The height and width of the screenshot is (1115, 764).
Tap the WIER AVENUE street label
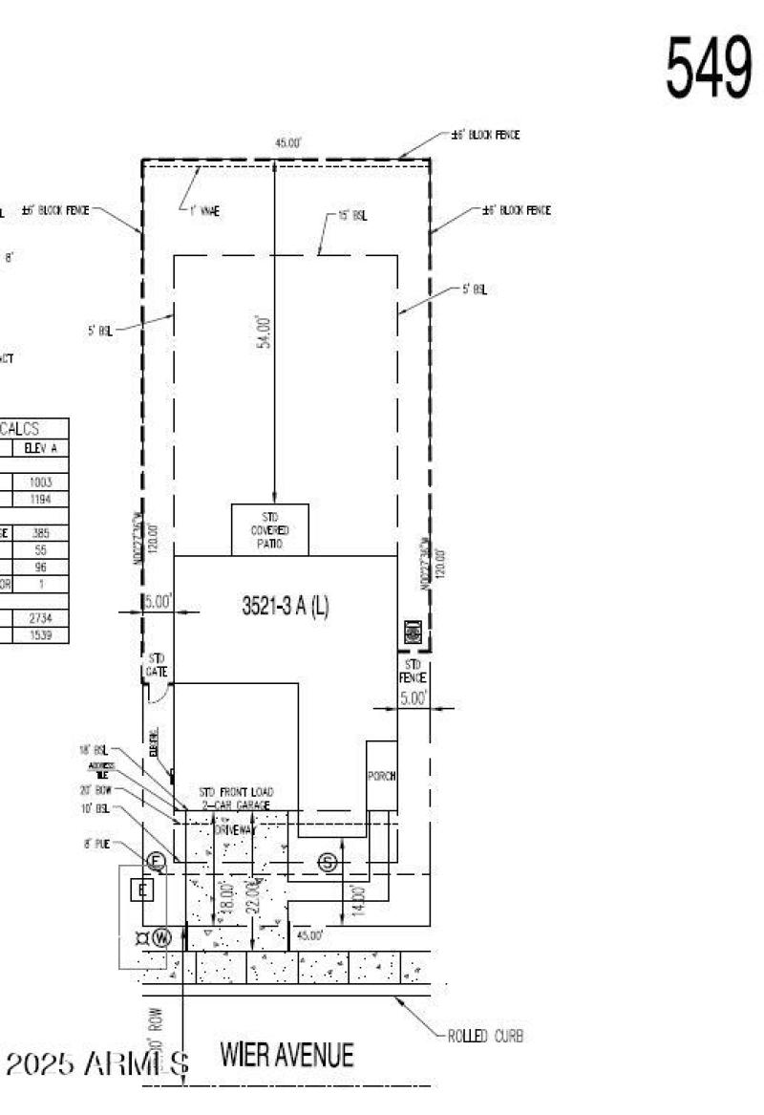[x=286, y=1055]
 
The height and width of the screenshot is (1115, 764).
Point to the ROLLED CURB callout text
[x=485, y=1036]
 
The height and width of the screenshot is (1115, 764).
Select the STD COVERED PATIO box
[x=270, y=529]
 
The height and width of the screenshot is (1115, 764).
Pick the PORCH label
[x=382, y=776]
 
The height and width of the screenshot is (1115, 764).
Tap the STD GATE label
[x=156, y=665]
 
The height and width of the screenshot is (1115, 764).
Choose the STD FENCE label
[x=414, y=671]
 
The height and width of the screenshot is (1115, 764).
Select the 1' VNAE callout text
[x=204, y=211]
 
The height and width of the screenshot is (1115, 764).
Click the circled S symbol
[x=329, y=863]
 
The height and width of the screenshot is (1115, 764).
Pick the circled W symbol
[x=160, y=937]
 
